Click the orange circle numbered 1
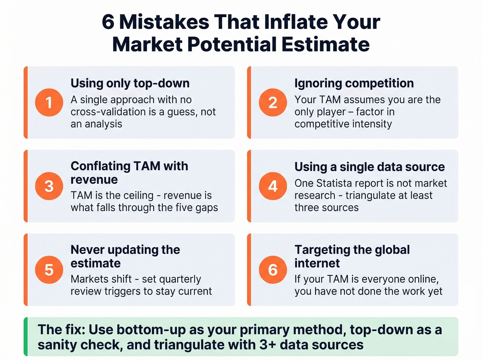click(x=49, y=102)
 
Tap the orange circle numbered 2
click(x=273, y=102)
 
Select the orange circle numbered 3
click(x=49, y=186)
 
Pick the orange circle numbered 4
click(x=273, y=186)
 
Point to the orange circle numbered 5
click(x=49, y=270)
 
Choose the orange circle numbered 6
click(x=273, y=270)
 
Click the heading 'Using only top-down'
click(x=130, y=83)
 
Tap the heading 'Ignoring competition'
click(x=354, y=83)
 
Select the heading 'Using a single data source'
click(x=369, y=167)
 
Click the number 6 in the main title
click(x=108, y=22)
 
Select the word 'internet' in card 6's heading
click(x=317, y=264)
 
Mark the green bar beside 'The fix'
click(x=25, y=337)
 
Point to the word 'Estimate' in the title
click(x=325, y=45)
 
